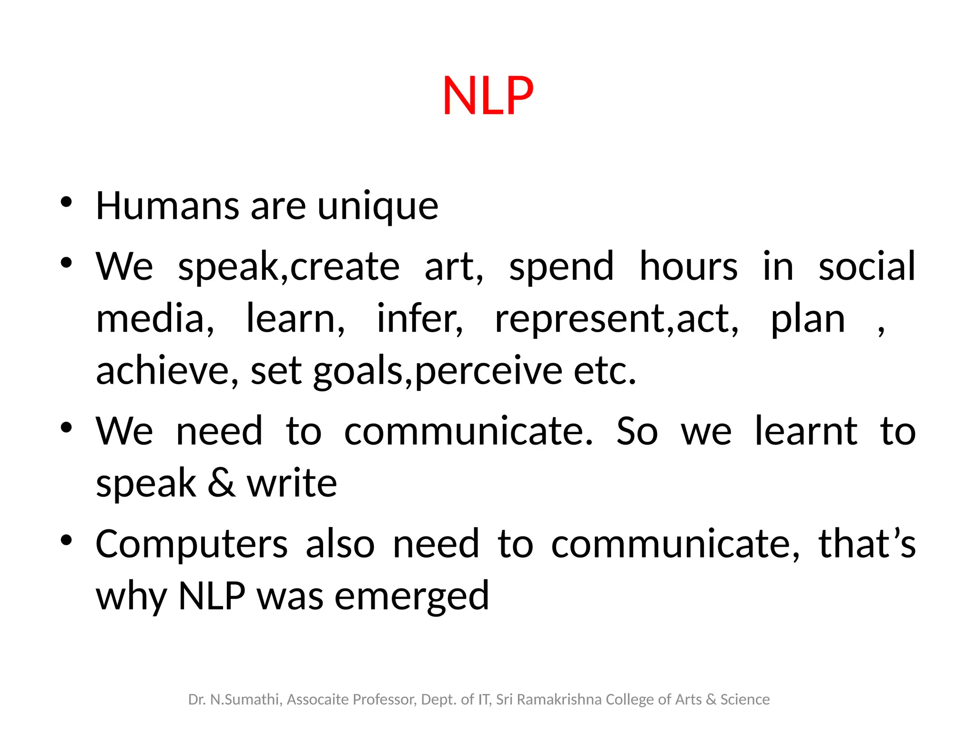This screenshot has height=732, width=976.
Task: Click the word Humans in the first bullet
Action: click(x=167, y=206)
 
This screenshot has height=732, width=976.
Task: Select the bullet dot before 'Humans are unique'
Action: click(x=66, y=202)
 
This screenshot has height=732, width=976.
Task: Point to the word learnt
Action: click(x=806, y=431)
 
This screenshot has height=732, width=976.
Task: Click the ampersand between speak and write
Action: click(x=221, y=483)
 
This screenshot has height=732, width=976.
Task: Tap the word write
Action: click(x=292, y=483)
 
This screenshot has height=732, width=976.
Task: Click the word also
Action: click(x=340, y=544)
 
